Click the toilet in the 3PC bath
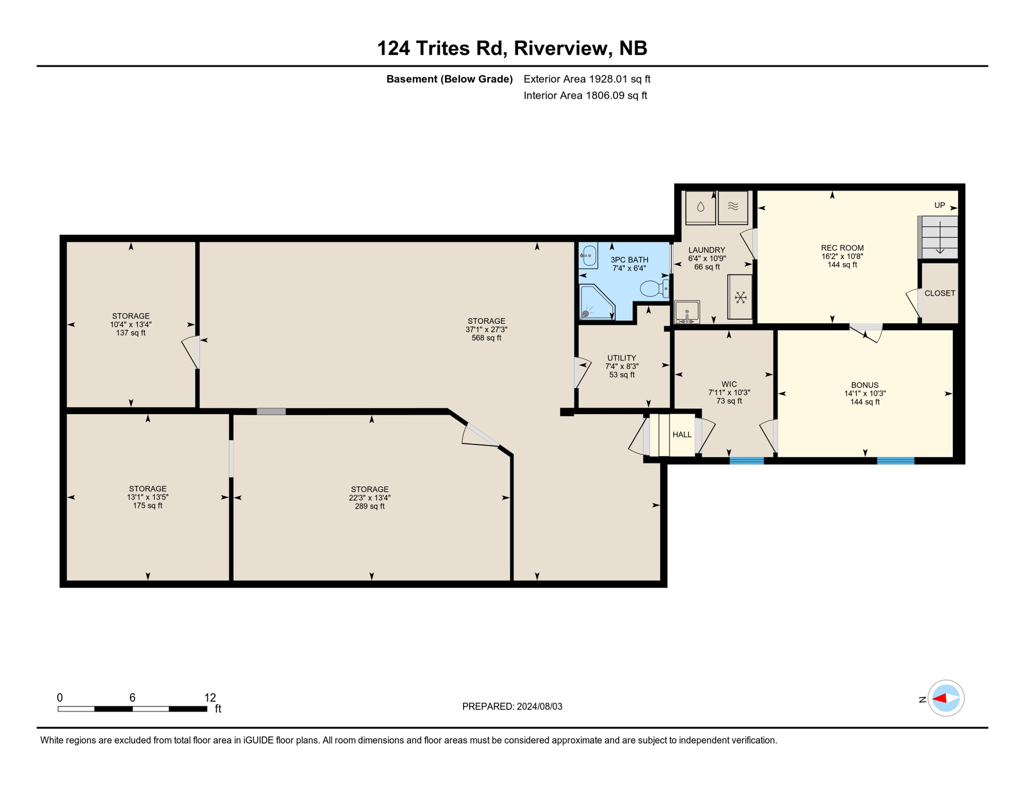pyautogui.click(x=654, y=288)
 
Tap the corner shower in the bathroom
pyautogui.click(x=596, y=304)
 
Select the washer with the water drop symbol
pyautogui.click(x=700, y=207)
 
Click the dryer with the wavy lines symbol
pyautogui.click(x=733, y=207)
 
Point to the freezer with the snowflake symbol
pyautogui.click(x=740, y=298)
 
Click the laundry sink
pyautogui.click(x=687, y=312)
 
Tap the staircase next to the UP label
pyautogui.click(x=939, y=237)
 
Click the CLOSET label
pyautogui.click(x=939, y=293)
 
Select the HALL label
pyautogui.click(x=682, y=435)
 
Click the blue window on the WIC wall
pyautogui.click(x=747, y=460)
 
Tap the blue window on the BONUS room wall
pyautogui.click(x=896, y=460)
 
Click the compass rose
pyautogui.click(x=946, y=699)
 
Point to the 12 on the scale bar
pyautogui.click(x=210, y=698)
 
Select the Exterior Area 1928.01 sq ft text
pyautogui.click(x=587, y=79)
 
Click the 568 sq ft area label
pyautogui.click(x=486, y=338)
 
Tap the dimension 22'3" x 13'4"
pyautogui.click(x=369, y=498)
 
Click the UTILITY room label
pyautogui.click(x=621, y=358)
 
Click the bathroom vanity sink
pyautogui.click(x=588, y=255)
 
